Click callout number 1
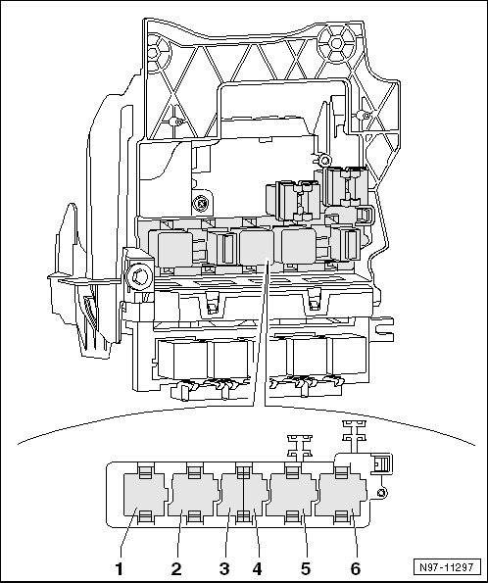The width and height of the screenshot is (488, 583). tap(119, 569)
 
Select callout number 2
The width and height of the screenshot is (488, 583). tap(176, 569)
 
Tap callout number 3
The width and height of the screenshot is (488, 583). tap(224, 569)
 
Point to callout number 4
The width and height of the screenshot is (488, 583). tap(257, 569)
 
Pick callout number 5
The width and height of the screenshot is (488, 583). tap(306, 569)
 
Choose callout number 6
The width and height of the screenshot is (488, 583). tap(355, 569)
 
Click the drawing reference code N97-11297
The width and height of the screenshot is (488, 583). tap(446, 567)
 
